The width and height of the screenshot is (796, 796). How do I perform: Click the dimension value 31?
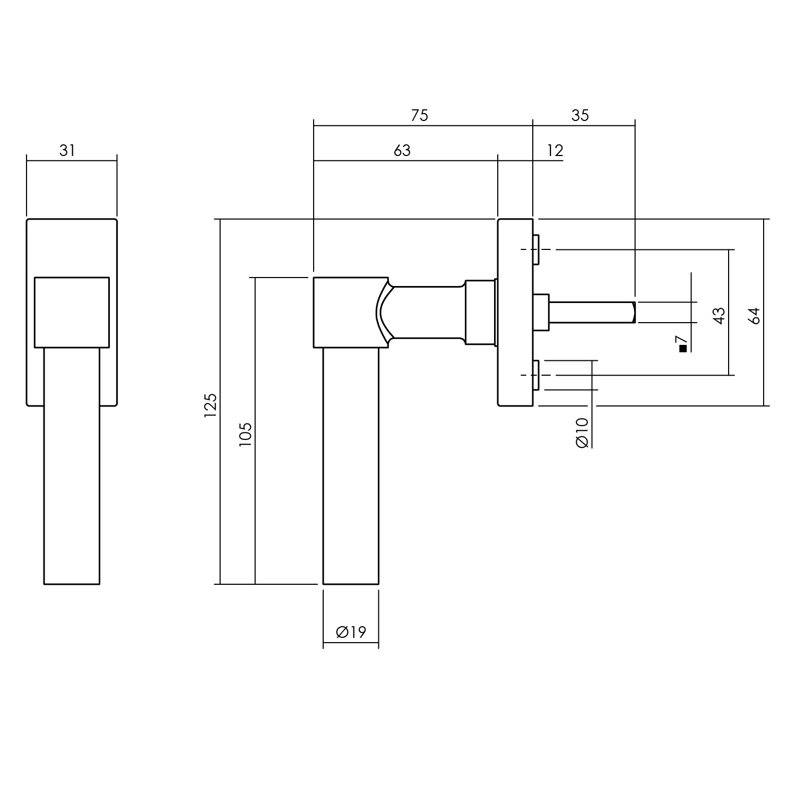click(x=67, y=151)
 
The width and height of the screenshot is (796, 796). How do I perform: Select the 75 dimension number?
click(x=419, y=116)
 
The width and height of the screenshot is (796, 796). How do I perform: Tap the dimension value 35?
click(x=580, y=116)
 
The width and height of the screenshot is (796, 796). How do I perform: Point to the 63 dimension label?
click(x=402, y=151)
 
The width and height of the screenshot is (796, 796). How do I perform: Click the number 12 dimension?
click(x=555, y=151)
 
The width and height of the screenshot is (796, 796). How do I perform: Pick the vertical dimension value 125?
click(x=211, y=405)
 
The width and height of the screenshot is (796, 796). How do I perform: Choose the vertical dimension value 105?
click(x=245, y=434)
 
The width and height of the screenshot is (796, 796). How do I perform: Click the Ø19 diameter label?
click(x=351, y=632)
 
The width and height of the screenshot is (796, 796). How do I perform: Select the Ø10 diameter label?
click(x=582, y=432)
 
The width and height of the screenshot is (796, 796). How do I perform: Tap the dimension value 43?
click(x=719, y=315)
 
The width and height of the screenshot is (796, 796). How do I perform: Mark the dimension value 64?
click(x=754, y=315)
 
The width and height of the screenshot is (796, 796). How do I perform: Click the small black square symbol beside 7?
click(x=683, y=349)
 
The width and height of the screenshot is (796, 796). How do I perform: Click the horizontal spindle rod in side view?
click(x=592, y=312)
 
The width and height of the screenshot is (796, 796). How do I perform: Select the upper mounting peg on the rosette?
click(x=536, y=249)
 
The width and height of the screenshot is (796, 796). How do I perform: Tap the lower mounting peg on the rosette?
click(x=536, y=375)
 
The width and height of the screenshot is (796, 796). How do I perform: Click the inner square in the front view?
click(x=72, y=312)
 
